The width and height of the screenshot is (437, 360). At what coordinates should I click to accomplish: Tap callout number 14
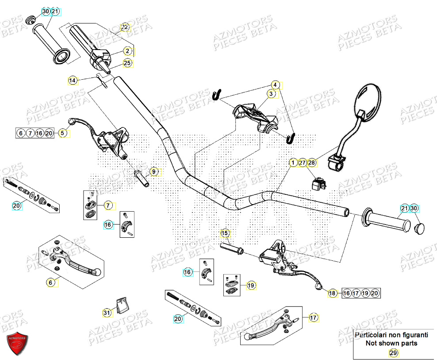tap(73, 80)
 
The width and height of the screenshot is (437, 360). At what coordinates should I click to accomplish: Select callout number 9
tap(154, 171)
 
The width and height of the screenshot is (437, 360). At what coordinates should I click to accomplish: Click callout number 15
tap(225, 233)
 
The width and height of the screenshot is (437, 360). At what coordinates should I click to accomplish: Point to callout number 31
tap(107, 313)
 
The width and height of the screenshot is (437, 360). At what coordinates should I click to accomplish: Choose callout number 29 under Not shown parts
tap(392, 352)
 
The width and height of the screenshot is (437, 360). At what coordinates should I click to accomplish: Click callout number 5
tap(62, 132)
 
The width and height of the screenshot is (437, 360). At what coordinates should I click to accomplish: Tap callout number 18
tap(332, 293)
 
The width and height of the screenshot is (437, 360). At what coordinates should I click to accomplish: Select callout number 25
tap(127, 63)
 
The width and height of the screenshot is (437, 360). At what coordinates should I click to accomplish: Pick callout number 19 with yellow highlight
tap(251, 286)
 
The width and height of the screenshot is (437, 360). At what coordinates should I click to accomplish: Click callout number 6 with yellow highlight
tap(51, 282)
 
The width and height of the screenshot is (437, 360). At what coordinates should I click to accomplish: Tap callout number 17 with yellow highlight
tap(313, 317)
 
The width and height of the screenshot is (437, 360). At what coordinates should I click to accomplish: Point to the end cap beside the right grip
tap(419, 228)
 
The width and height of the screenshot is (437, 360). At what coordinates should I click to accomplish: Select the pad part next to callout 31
tap(123, 305)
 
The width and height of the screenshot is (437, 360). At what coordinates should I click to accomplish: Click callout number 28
tap(312, 163)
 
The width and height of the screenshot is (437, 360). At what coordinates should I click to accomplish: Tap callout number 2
tap(127, 50)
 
